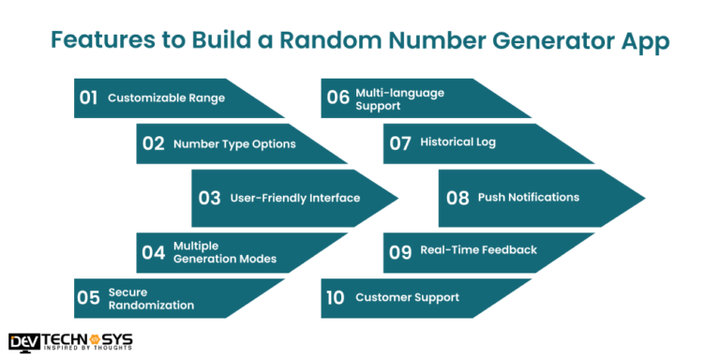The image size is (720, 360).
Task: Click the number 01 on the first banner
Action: pyautogui.click(x=89, y=97)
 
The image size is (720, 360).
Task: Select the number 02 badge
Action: pyautogui.click(x=154, y=143)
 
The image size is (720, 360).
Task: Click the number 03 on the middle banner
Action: pyautogui.click(x=209, y=198)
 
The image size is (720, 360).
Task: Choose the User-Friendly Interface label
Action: pyautogui.click(x=281, y=198)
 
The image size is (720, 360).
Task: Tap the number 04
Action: pyautogui.click(x=153, y=251)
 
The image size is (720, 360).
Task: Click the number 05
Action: pyautogui.click(x=89, y=298)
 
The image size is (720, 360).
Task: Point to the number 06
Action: pyautogui.click(x=337, y=97)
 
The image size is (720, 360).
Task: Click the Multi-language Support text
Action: pyautogui.click(x=393, y=98)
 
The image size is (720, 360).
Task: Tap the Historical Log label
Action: pyautogui.click(x=457, y=142)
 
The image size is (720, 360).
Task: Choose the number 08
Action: pyautogui.click(x=457, y=198)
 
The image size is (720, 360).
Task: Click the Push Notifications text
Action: pyautogui.click(x=528, y=197)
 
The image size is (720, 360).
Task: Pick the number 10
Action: pyautogui.click(x=336, y=298)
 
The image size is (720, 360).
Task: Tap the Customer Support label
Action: pyautogui.click(x=407, y=297)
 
